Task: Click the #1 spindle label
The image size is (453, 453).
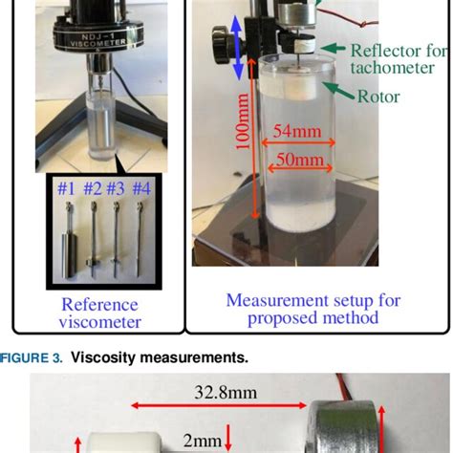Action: click(66, 187)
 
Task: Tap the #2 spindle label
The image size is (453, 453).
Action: click(93, 187)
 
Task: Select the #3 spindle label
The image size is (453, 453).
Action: click(117, 187)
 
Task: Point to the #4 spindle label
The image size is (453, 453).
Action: click(142, 187)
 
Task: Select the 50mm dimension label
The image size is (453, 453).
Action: click(296, 161)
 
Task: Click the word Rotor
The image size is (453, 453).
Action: click(380, 96)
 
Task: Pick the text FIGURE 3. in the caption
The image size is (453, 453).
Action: click(35, 357)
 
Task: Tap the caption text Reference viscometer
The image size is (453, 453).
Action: click(101, 313)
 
